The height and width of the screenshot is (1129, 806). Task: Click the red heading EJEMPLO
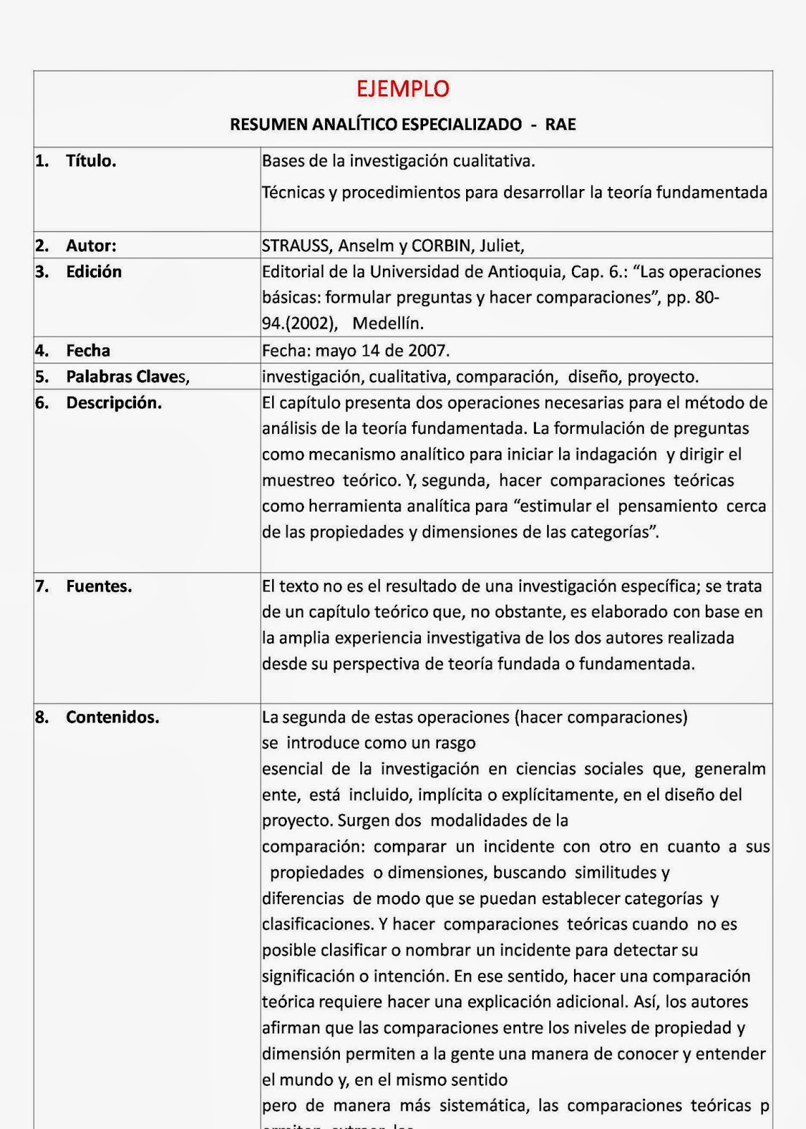click(x=403, y=89)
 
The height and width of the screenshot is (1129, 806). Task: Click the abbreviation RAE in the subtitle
click(x=560, y=125)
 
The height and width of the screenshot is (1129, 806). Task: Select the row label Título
click(x=91, y=161)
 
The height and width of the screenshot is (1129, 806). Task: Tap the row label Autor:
click(x=91, y=246)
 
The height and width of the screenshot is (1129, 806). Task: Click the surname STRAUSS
click(x=295, y=246)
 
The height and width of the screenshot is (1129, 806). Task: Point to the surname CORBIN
click(x=441, y=246)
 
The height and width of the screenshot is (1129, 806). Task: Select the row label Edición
click(x=94, y=272)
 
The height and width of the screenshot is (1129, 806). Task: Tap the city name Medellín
click(x=388, y=323)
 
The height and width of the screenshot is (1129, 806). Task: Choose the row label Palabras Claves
click(x=128, y=377)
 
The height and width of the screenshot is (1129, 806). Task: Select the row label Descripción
click(x=114, y=403)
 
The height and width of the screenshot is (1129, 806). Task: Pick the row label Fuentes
click(x=99, y=586)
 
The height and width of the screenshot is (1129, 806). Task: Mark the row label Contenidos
click(x=112, y=718)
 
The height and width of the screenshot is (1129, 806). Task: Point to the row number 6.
click(x=42, y=403)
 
